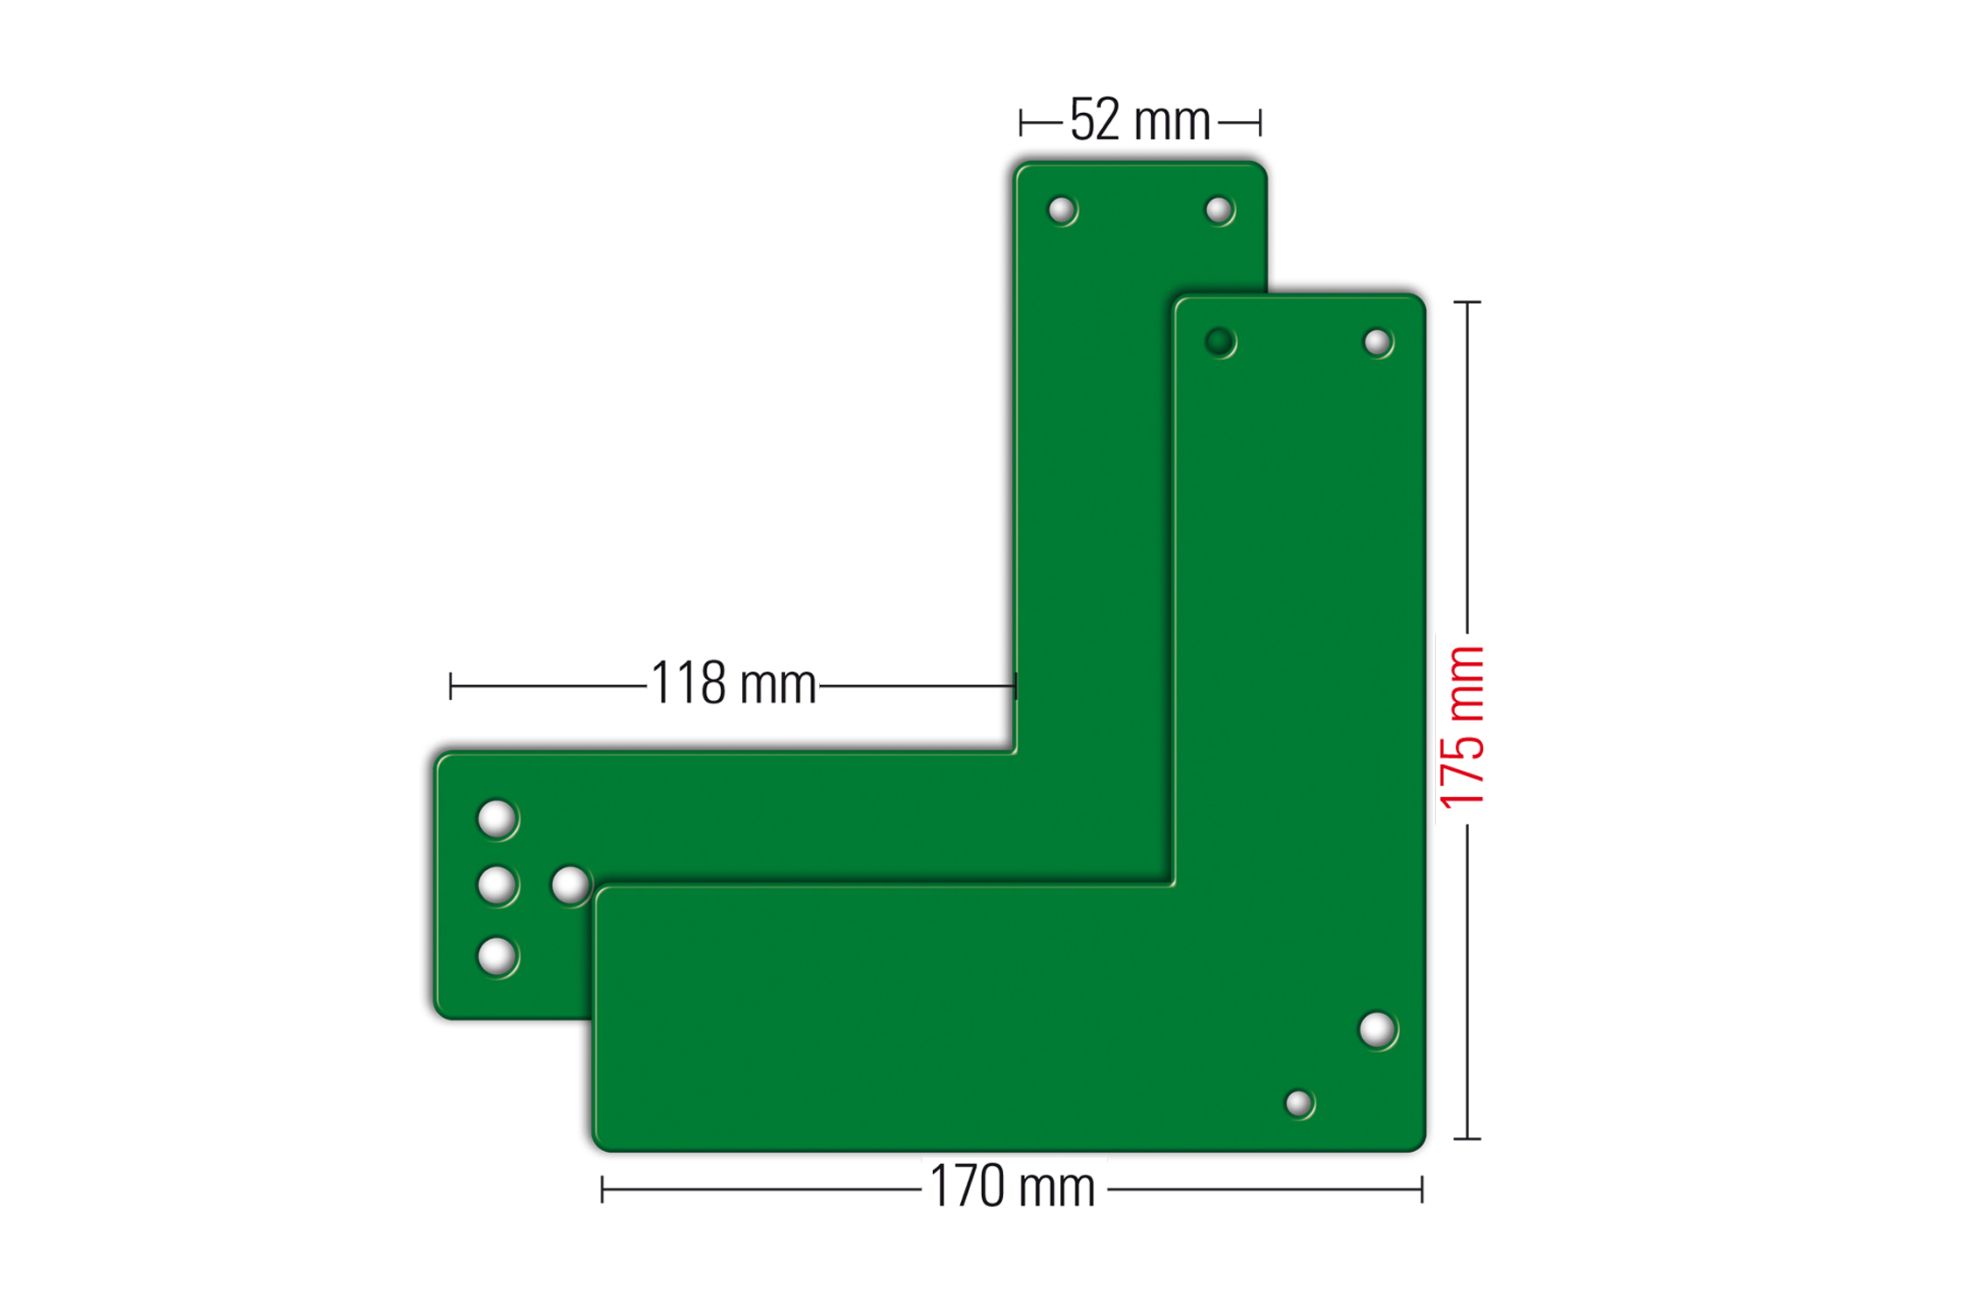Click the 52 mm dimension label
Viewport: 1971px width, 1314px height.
coord(1140,121)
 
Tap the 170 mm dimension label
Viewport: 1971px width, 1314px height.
coord(1012,1188)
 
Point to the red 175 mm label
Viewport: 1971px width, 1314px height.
coord(1462,727)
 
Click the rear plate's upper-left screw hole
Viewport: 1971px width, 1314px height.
coord(1062,210)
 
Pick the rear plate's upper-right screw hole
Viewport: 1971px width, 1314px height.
coord(1219,210)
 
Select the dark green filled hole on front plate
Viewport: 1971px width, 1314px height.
coord(1219,342)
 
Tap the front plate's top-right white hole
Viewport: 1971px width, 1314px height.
coord(1377,343)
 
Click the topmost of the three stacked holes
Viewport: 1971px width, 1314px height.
coord(497,819)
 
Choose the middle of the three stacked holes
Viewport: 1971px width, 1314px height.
coord(497,885)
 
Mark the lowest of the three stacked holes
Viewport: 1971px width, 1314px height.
coord(497,955)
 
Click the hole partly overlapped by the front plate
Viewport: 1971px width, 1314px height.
coord(570,885)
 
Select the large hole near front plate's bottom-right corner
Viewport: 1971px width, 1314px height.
coord(1377,1030)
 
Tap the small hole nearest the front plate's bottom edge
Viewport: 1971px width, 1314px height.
coord(1298,1104)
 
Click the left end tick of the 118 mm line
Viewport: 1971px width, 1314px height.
coord(450,686)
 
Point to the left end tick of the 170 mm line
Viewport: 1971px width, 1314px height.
coord(602,1190)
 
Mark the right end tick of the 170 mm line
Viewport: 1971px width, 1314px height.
coord(1422,1190)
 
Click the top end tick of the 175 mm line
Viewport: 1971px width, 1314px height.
coord(1467,302)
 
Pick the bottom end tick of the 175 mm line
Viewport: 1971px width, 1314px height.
coord(1467,1139)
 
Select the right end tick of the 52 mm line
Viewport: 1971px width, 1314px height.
coord(1260,123)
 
